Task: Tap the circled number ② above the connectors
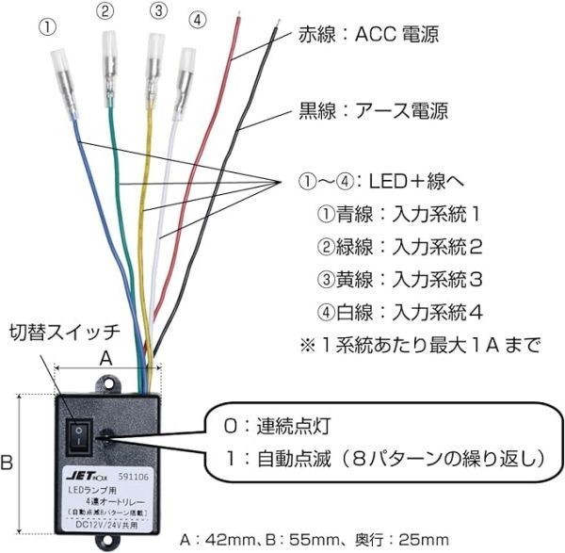click(x=106, y=11)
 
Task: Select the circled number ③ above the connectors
click(x=158, y=11)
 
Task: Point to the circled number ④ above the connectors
click(x=195, y=20)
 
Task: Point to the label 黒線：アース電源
click(x=373, y=110)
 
